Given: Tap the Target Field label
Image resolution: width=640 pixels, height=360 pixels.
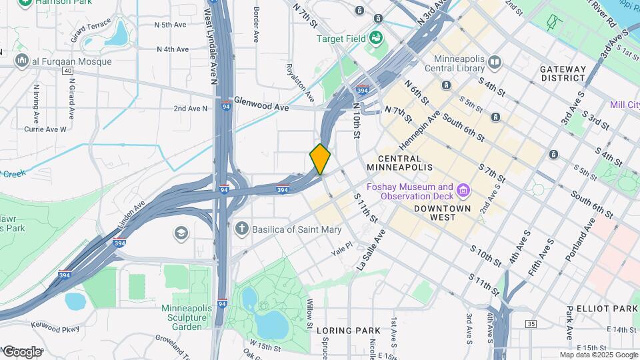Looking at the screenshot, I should tap(341, 39).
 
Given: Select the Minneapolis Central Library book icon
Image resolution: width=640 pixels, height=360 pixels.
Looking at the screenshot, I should tap(494, 63).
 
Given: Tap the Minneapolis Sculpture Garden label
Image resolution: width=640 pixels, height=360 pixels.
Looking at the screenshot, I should tap(186, 317).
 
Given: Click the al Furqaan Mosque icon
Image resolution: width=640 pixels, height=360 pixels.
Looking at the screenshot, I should tap(22, 61).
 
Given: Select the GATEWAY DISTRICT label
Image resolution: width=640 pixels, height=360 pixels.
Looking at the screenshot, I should tap(563, 73).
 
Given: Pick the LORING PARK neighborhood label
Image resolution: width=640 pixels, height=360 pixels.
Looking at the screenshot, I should tap(348, 331).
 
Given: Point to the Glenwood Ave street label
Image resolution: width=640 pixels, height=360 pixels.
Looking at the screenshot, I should tap(261, 107).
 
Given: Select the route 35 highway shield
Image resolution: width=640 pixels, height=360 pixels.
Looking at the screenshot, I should tap(531, 324).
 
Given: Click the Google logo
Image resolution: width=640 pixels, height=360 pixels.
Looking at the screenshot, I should tap(21, 351).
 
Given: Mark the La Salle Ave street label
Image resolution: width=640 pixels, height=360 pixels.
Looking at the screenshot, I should tap(370, 250).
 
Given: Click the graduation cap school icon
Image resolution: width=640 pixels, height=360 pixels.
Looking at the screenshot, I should tap(181, 233).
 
